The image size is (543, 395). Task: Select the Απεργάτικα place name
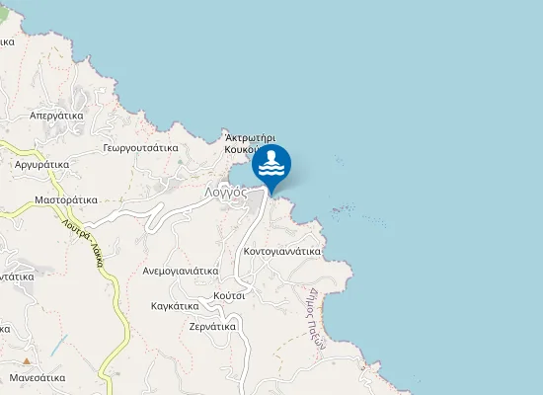55,115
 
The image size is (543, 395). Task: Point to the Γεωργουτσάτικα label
140,147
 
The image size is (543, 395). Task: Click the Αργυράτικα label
41,165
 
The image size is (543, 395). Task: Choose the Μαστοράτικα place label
66,199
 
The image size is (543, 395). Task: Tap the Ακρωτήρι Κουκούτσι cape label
249,144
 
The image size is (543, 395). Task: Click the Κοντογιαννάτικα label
281,251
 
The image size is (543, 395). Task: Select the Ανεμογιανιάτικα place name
180,270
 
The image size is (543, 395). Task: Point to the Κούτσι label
228,295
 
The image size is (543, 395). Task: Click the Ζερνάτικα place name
211,325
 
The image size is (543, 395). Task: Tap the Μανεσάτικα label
38,377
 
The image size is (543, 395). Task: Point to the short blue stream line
59,346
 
